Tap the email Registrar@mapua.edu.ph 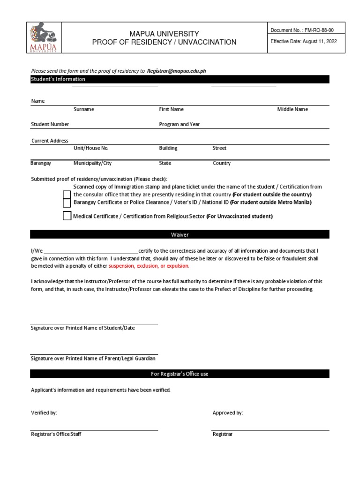(x=177, y=71)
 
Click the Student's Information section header (x=58, y=79)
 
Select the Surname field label (x=84, y=109)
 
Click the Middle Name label (x=292, y=109)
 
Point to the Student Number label (x=50, y=124)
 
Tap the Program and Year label (x=180, y=124)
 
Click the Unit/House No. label (x=91, y=148)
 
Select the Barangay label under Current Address (x=41, y=163)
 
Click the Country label (x=222, y=163)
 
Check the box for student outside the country (x=67, y=195)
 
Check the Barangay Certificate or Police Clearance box (x=67, y=202)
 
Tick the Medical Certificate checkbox (x=67, y=216)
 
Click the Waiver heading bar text (x=180, y=234)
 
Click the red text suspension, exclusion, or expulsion (x=149, y=266)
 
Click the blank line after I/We (x=91, y=251)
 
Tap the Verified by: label (x=44, y=413)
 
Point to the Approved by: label (x=228, y=413)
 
